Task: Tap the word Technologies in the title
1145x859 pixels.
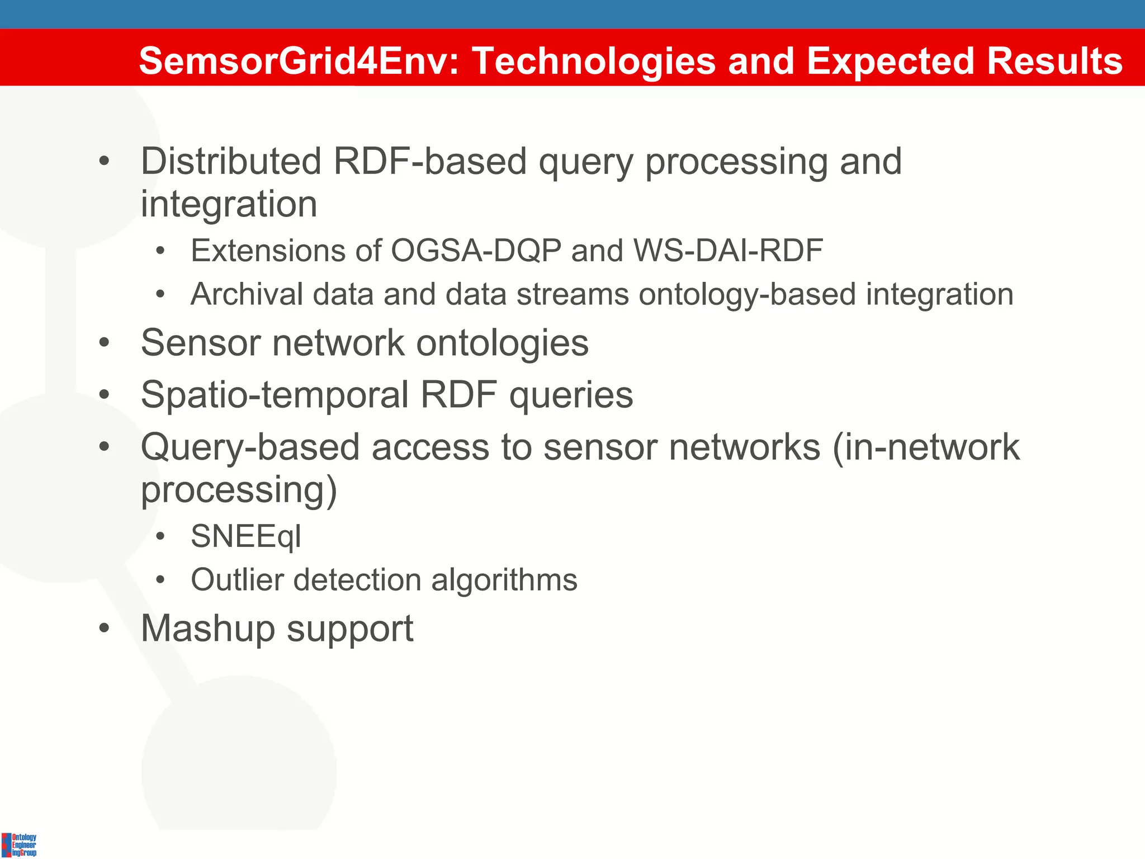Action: pyautogui.click(x=594, y=60)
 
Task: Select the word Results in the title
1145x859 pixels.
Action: pyautogui.click(x=1054, y=60)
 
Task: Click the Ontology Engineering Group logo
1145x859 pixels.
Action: pyautogui.click(x=19, y=844)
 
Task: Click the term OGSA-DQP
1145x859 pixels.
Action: pyautogui.click(x=476, y=250)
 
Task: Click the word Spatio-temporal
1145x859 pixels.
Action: pyautogui.click(x=275, y=395)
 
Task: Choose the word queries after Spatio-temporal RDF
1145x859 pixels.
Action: pyautogui.click(x=571, y=395)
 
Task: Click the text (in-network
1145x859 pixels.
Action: pyautogui.click(x=926, y=447)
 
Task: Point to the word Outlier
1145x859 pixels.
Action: pyautogui.click(x=237, y=580)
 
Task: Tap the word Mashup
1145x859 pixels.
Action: pyautogui.click(x=207, y=629)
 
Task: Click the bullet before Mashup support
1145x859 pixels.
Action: pyautogui.click(x=104, y=628)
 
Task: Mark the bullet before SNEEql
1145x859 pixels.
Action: pyautogui.click(x=160, y=537)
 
